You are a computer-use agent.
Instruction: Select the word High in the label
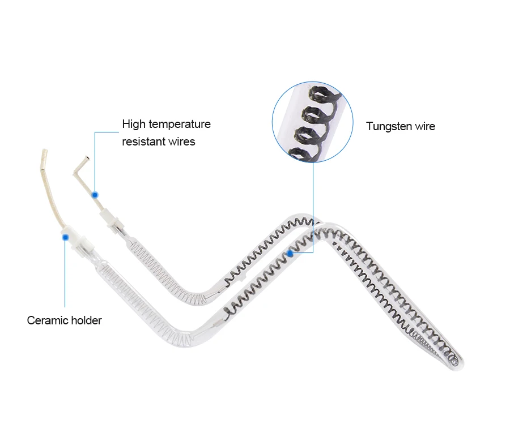[134, 124]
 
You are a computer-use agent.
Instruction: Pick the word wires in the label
[181, 142]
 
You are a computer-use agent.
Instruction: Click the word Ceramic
[48, 320]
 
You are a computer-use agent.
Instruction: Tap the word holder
[87, 320]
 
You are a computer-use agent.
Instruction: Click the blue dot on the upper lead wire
[95, 195]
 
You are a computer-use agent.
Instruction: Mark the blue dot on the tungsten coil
[290, 254]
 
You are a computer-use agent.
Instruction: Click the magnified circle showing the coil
[313, 121]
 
